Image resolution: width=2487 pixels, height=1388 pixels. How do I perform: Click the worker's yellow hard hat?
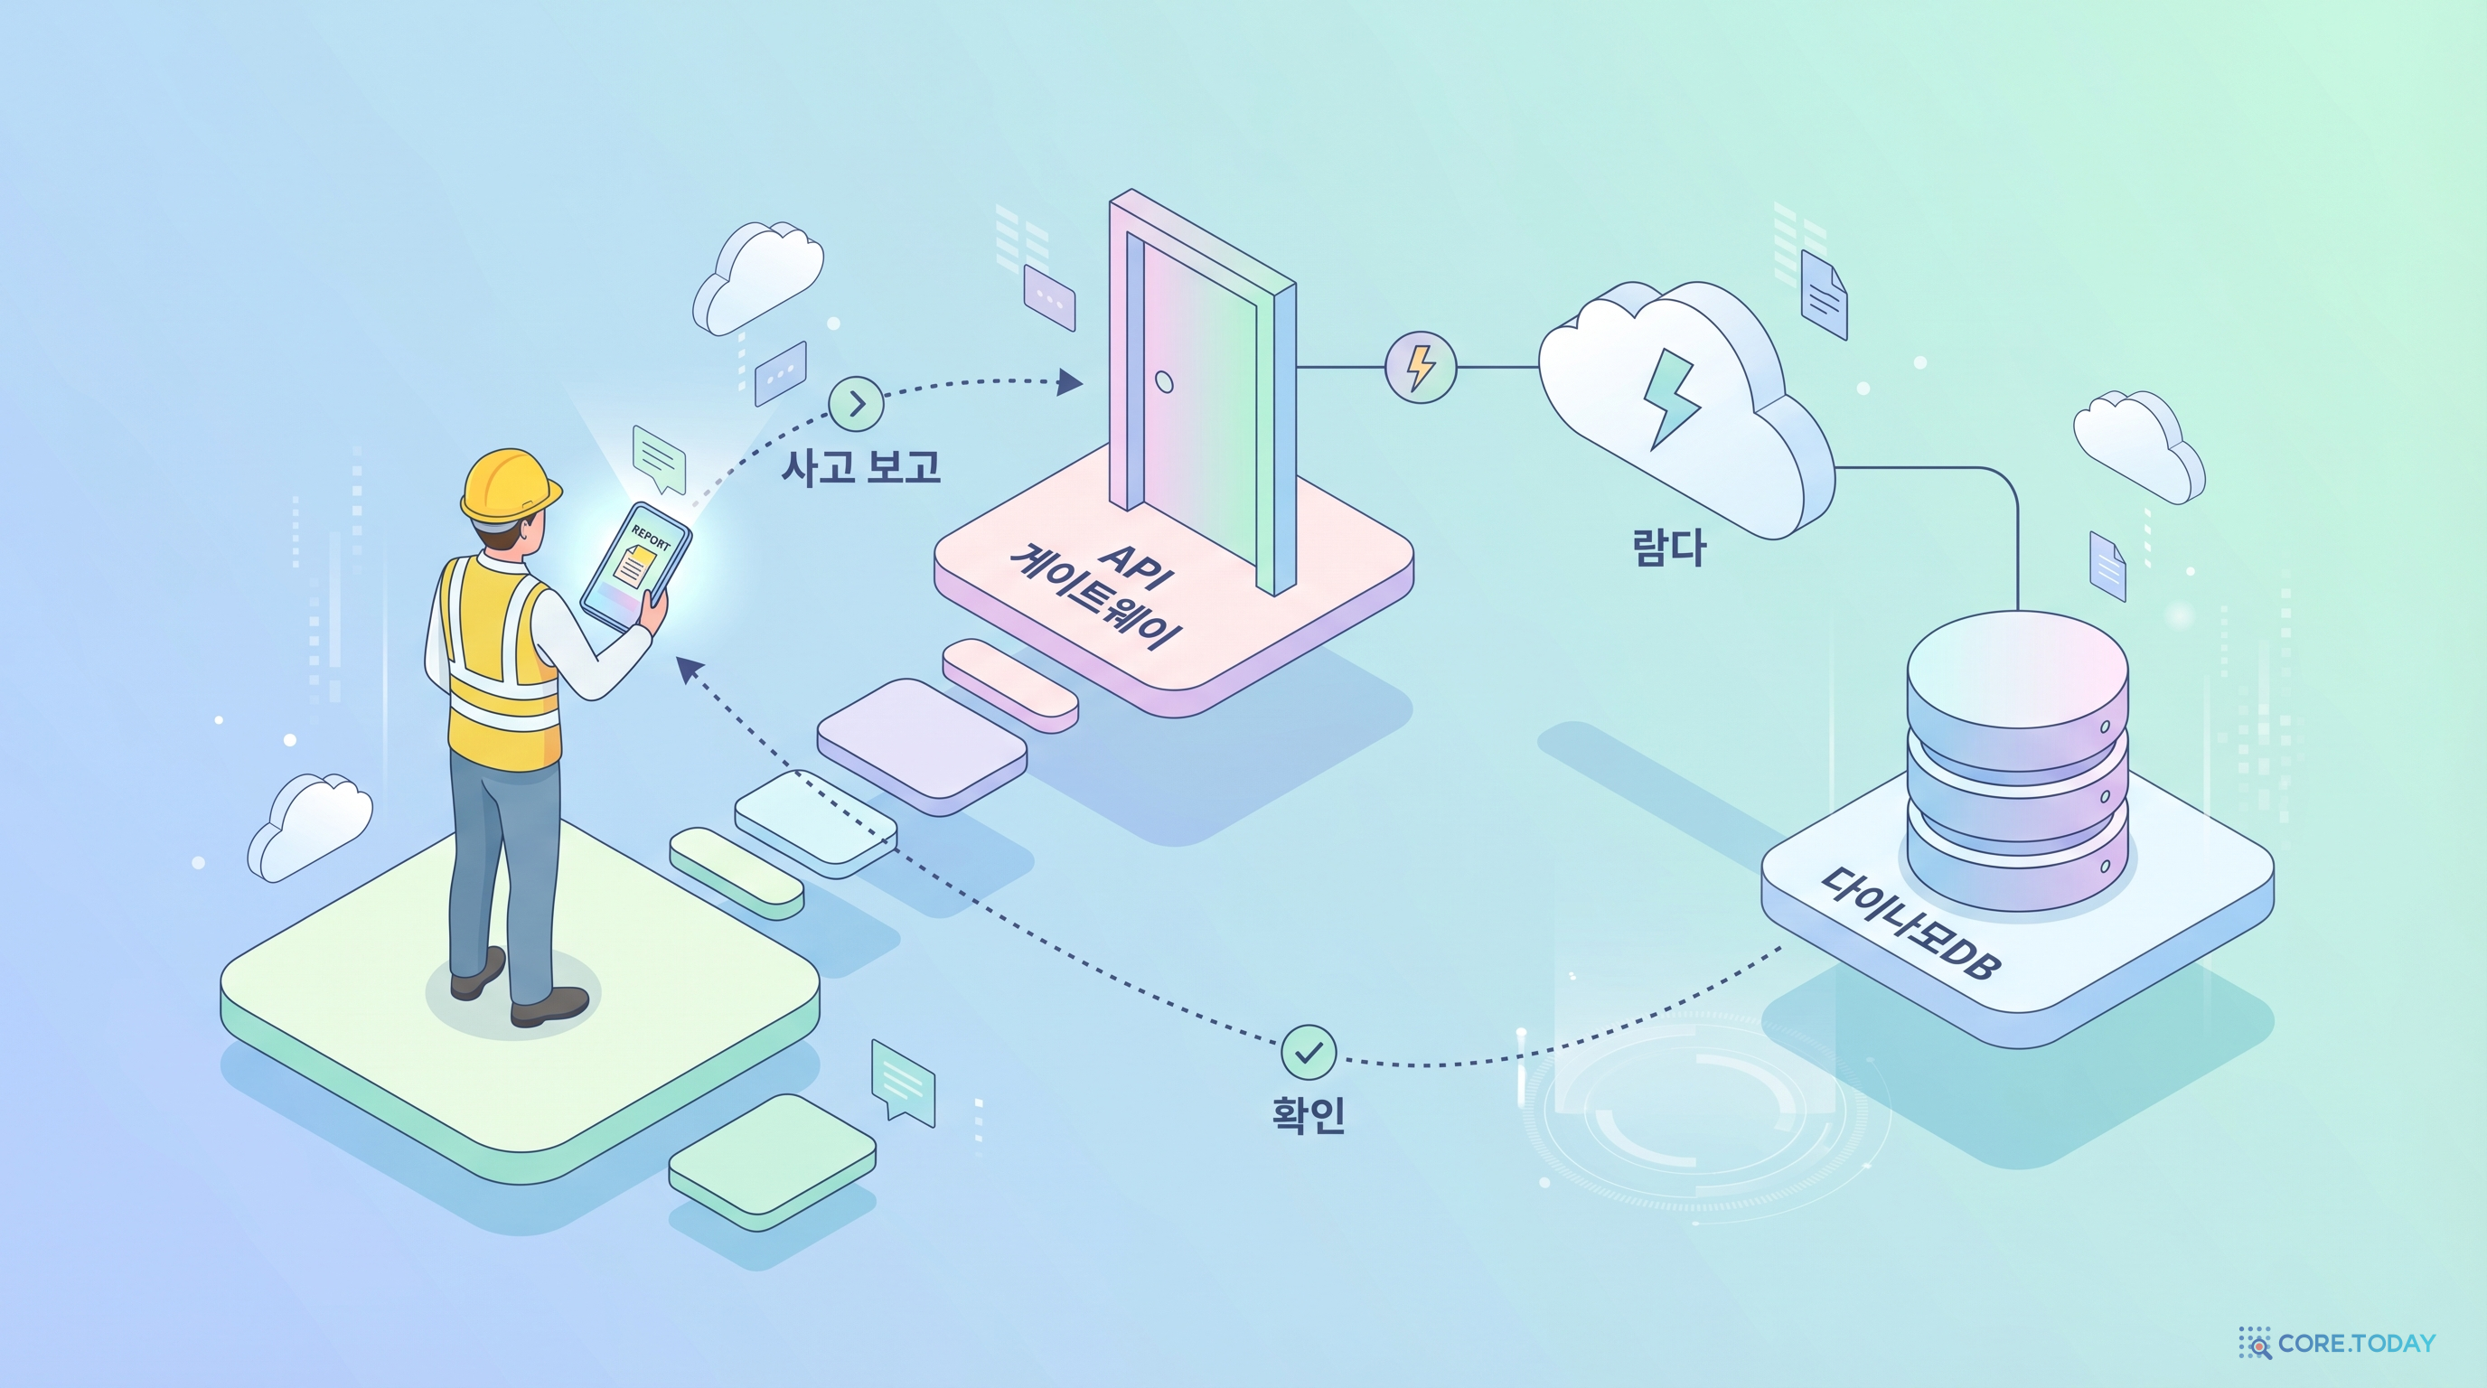[510, 484]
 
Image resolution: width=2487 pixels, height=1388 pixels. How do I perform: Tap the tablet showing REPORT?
[636, 566]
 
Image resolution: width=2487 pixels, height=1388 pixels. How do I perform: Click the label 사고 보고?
[860, 466]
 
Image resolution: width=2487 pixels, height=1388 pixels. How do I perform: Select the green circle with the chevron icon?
[857, 402]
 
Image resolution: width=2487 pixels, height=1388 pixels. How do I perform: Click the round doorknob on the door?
[1164, 382]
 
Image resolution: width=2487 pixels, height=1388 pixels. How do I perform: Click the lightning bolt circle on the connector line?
[1421, 367]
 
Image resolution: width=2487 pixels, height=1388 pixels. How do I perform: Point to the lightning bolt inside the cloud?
[1672, 398]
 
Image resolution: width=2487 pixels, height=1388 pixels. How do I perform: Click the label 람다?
[1669, 547]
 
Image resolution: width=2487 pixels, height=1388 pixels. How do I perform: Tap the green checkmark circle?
[1309, 1052]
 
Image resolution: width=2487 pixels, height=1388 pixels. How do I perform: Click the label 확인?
[1309, 1114]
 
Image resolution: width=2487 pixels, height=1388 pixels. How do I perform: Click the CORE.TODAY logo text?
[2356, 1343]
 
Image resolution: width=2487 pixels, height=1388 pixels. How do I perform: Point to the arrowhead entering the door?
[1069, 381]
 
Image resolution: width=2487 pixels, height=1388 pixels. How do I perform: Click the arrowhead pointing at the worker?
[689, 668]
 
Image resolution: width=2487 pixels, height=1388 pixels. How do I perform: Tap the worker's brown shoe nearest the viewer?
[549, 1006]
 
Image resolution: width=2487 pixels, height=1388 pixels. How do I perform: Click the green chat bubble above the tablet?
[659, 456]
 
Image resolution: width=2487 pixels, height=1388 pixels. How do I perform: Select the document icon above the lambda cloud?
[1824, 295]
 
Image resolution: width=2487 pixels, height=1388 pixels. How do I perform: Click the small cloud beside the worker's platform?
[309, 826]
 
